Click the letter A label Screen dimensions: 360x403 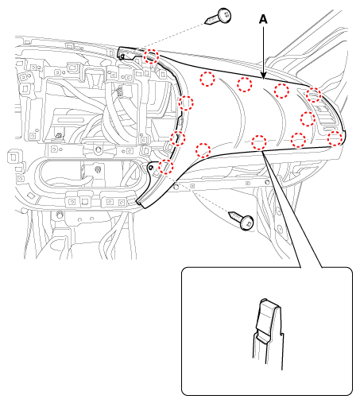pyautogui.click(x=263, y=19)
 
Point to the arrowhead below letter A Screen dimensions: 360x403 pyautogui.click(x=263, y=76)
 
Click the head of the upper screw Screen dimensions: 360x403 pyautogui.click(x=224, y=16)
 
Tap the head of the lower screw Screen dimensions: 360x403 pyautogui.click(x=247, y=223)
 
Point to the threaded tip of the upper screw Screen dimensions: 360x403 pyautogui.click(x=207, y=21)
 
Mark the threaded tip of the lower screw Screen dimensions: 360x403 pyautogui.click(x=230, y=214)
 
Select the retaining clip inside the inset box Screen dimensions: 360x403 pyautogui.click(x=268, y=334)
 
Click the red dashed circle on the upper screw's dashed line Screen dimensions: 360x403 pyautogui.click(x=151, y=56)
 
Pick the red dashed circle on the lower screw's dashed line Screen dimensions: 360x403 pyautogui.click(x=166, y=167)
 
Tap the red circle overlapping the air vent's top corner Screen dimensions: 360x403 pyautogui.click(x=314, y=95)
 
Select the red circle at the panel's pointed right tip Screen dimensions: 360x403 pyautogui.click(x=335, y=138)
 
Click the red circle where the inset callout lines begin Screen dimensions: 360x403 pyautogui.click(x=259, y=142)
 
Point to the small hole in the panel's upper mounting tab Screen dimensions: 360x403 pyautogui.click(x=122, y=56)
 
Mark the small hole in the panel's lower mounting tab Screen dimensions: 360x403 pyautogui.click(x=151, y=168)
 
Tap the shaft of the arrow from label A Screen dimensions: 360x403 pyautogui.click(x=263, y=50)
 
